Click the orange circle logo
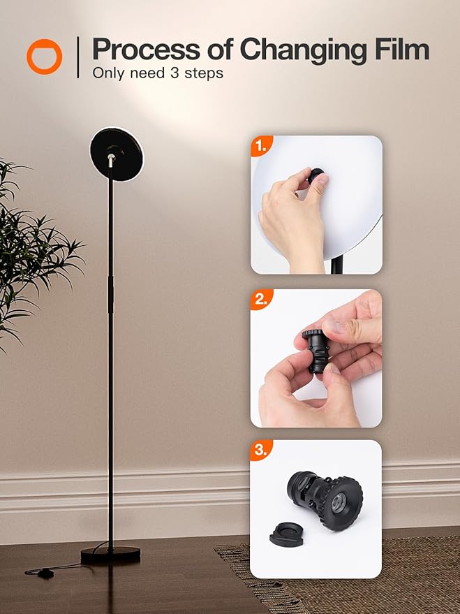click(x=44, y=57)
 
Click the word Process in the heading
click(x=146, y=50)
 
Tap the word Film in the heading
click(x=402, y=50)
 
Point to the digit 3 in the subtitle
click(x=175, y=73)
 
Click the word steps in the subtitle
click(x=204, y=73)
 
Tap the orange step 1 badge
click(x=261, y=146)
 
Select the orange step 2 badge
click(x=261, y=299)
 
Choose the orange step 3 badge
click(x=261, y=450)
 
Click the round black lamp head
click(x=117, y=154)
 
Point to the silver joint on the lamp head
click(x=111, y=159)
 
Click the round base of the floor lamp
click(x=110, y=555)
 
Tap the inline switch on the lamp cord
click(x=46, y=573)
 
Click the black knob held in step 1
click(x=315, y=176)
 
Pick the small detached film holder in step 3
click(x=286, y=534)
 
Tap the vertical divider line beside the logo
click(x=78, y=57)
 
